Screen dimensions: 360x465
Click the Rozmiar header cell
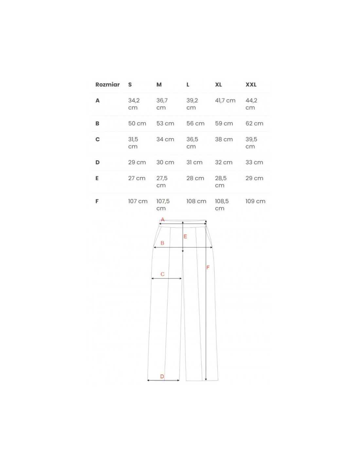pos(107,84)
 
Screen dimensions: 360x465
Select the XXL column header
pos(251,84)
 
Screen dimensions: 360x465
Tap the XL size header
pos(218,84)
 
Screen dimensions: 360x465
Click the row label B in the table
pos(97,124)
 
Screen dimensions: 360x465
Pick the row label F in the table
pos(97,201)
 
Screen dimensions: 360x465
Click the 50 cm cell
pos(137,124)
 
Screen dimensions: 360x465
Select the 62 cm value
pos(254,124)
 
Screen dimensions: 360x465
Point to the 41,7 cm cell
pos(225,100)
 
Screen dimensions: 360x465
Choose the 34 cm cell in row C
pos(165,139)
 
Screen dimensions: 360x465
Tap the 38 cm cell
pos(224,139)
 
